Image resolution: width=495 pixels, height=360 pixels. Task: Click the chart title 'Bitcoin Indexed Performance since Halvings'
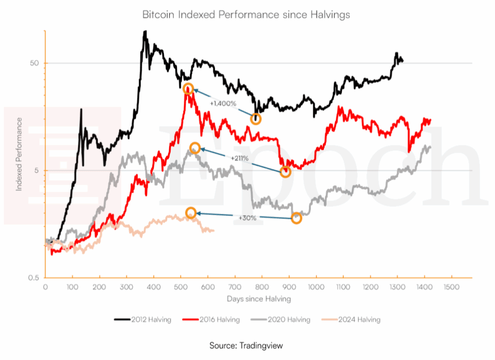click(x=246, y=15)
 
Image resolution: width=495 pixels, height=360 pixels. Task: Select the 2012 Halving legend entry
click(x=143, y=319)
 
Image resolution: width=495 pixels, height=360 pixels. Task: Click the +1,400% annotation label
click(x=222, y=103)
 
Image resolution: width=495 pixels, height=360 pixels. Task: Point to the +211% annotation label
click(x=239, y=158)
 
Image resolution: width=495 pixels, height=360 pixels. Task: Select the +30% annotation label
click(x=247, y=218)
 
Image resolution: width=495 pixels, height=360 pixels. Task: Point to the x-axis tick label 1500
click(x=451, y=287)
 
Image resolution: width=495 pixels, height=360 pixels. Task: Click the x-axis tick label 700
click(x=235, y=287)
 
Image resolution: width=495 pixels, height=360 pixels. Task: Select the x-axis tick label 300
click(x=127, y=287)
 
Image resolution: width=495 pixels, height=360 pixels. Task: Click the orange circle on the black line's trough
click(x=256, y=119)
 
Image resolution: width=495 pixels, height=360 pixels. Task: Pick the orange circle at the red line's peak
click(x=188, y=88)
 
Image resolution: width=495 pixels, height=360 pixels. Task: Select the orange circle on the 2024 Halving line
click(x=191, y=213)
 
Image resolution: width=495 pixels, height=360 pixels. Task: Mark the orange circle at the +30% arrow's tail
click(x=296, y=218)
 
